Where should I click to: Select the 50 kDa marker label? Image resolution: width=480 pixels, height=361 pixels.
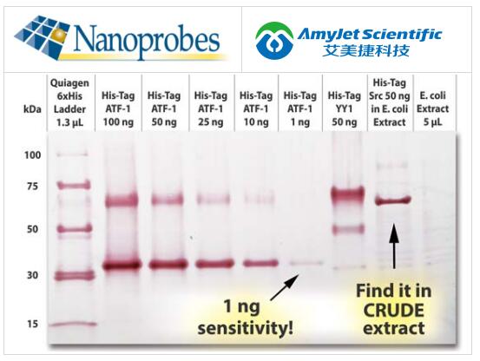click(x=30, y=229)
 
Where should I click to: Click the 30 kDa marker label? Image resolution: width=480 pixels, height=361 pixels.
click(x=30, y=275)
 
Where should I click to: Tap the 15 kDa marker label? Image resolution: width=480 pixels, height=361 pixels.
click(x=30, y=325)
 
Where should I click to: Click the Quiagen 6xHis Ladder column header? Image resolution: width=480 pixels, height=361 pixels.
click(x=73, y=103)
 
